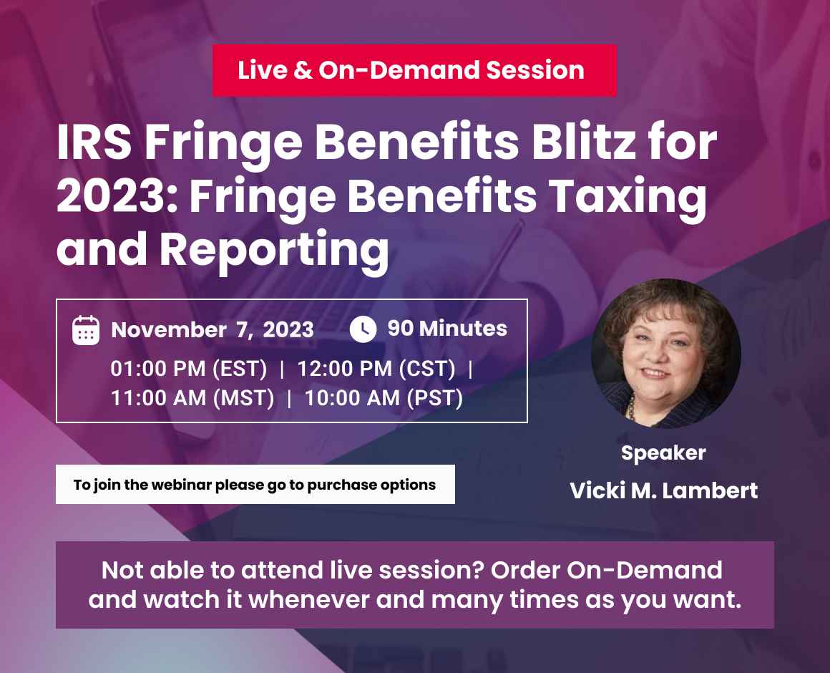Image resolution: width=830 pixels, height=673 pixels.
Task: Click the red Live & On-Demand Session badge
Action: click(x=414, y=70)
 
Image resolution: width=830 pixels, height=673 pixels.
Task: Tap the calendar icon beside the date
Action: click(x=86, y=330)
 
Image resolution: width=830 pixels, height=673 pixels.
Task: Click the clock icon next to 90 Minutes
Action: click(x=363, y=329)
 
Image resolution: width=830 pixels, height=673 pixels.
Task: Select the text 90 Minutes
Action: click(x=447, y=329)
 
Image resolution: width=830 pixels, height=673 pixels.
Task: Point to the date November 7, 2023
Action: click(x=213, y=329)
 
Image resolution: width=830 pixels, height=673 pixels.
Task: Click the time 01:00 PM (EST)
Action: click(x=189, y=369)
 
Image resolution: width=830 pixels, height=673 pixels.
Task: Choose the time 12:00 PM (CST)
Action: click(x=376, y=369)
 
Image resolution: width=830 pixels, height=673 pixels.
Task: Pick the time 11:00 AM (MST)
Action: click(x=192, y=398)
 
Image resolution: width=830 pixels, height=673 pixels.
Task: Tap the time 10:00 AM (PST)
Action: click(x=384, y=398)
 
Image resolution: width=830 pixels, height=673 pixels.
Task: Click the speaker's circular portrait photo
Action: click(x=665, y=354)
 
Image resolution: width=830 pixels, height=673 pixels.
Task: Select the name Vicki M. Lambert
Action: click(x=663, y=491)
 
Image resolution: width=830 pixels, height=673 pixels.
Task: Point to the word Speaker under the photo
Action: click(x=663, y=453)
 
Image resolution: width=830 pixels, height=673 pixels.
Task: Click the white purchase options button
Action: click(x=255, y=485)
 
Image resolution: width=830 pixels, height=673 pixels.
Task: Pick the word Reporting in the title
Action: click(x=274, y=249)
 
